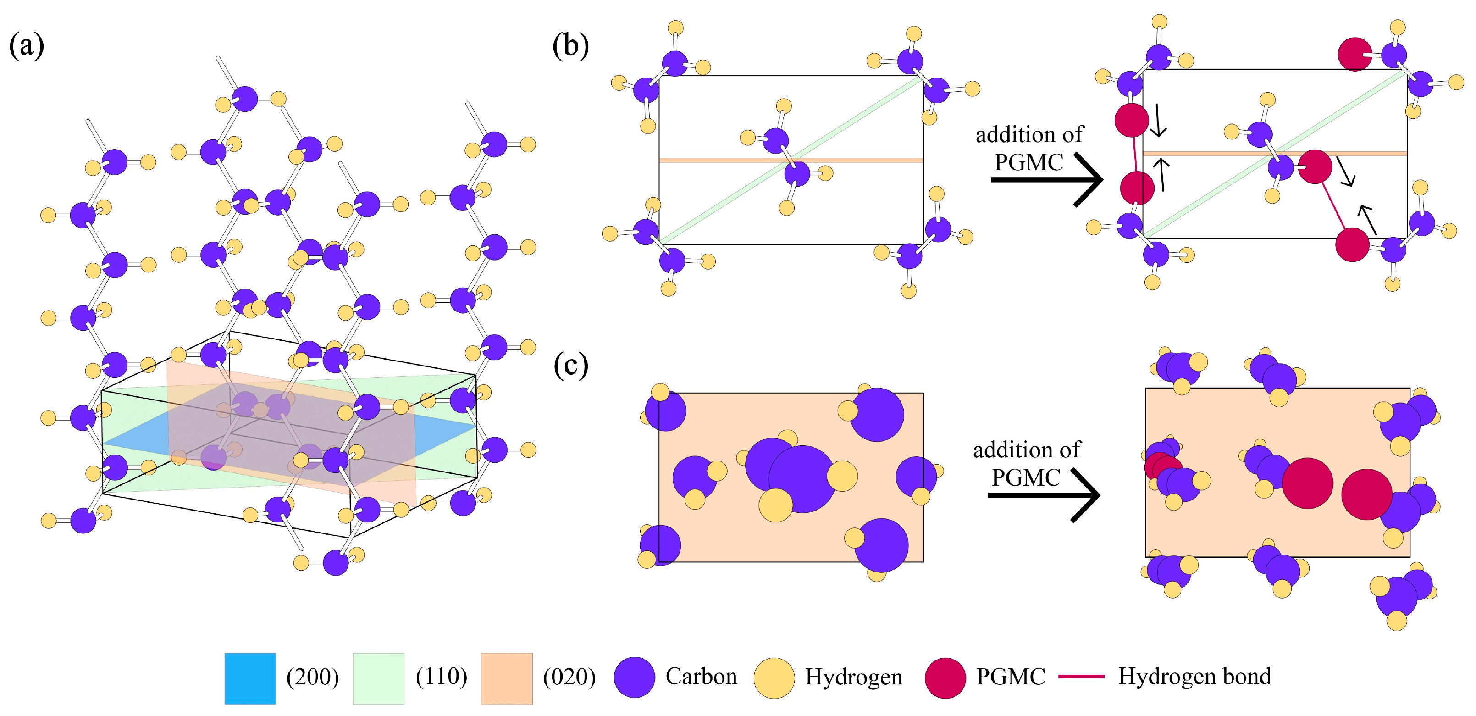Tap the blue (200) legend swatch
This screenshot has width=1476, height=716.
pos(250,678)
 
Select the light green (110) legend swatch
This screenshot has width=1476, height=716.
pos(378,678)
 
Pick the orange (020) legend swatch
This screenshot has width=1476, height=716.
pos(507,678)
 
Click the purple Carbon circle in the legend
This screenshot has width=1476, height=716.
pos(634,677)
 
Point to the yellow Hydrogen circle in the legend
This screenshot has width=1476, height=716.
pos(774,677)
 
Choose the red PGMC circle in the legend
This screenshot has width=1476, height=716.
pos(945,677)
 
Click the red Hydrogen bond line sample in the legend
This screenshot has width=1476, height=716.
pos(1081,677)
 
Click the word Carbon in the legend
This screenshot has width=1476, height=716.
pos(702,677)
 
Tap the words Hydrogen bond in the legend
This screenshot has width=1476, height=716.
pos(1194,677)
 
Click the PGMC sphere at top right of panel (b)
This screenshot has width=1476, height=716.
pos(1354,55)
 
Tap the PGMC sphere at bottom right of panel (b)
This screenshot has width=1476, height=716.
pos(1352,245)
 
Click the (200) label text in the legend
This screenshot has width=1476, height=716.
pos(312,677)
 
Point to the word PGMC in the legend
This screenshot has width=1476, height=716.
pos(1011,677)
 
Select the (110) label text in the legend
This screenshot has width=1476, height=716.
pos(441,677)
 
